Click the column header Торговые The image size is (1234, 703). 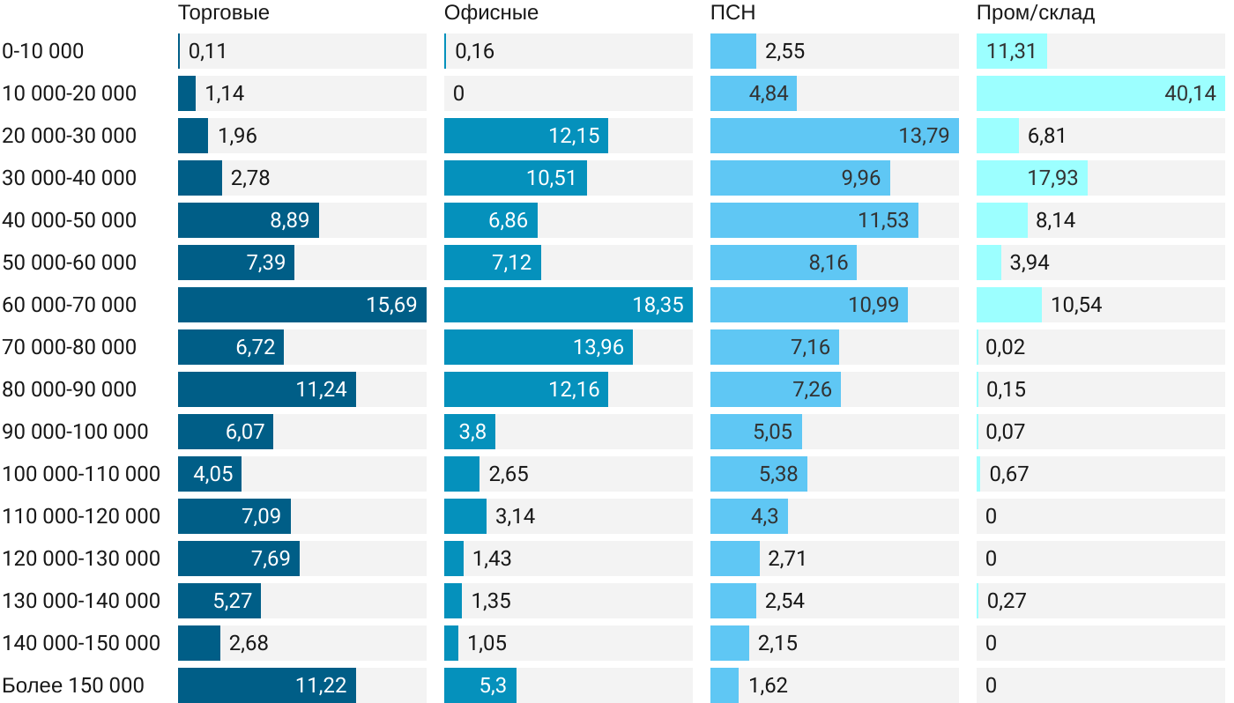[x=223, y=13]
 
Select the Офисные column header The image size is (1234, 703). [x=491, y=13]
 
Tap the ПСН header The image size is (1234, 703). [x=732, y=13]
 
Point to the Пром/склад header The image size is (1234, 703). [x=1036, y=13]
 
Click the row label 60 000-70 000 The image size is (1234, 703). [x=70, y=305]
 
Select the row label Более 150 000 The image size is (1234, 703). [x=73, y=685]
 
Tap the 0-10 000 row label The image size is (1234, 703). [x=43, y=51]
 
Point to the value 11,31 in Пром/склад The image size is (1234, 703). [x=1011, y=51]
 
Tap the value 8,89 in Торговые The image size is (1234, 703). [x=290, y=220]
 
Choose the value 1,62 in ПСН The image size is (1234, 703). [x=768, y=685]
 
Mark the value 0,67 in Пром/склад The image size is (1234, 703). [x=1009, y=474]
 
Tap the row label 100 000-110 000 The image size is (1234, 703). [x=81, y=474]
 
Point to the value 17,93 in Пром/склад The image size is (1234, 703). [x=1052, y=178]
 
